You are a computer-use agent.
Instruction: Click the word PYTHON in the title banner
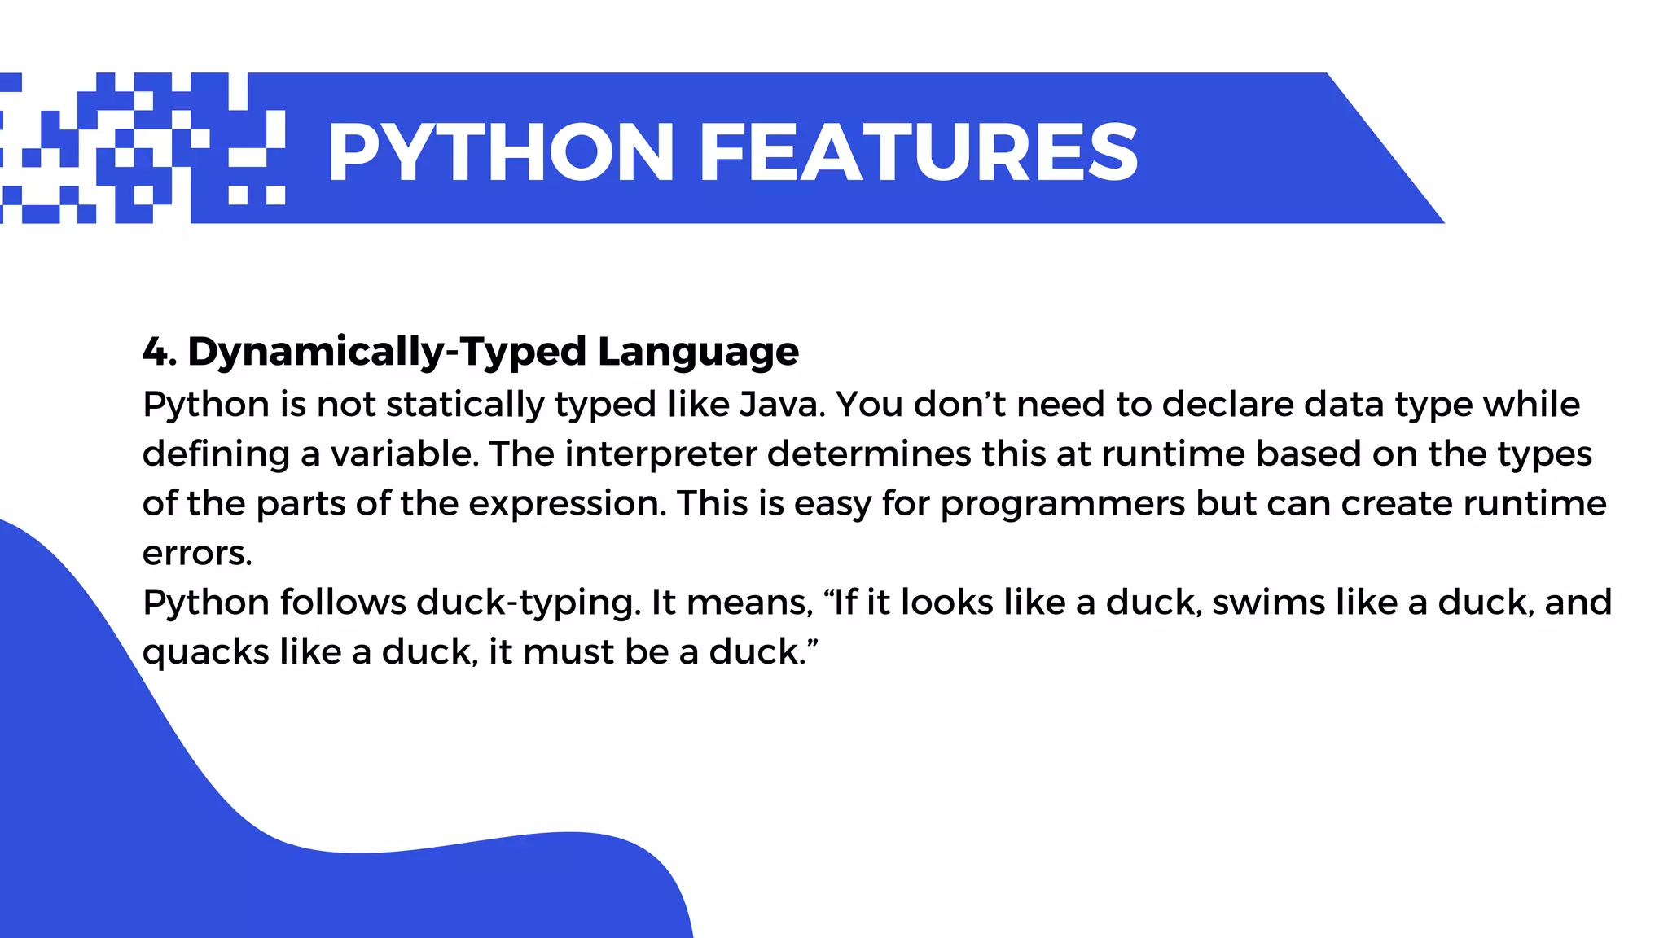click(x=501, y=152)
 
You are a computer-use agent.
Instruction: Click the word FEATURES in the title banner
click(x=919, y=152)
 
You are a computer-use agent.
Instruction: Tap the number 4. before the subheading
click(x=160, y=352)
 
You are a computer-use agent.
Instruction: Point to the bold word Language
click(x=698, y=352)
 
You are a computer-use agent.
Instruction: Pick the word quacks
click(x=205, y=653)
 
